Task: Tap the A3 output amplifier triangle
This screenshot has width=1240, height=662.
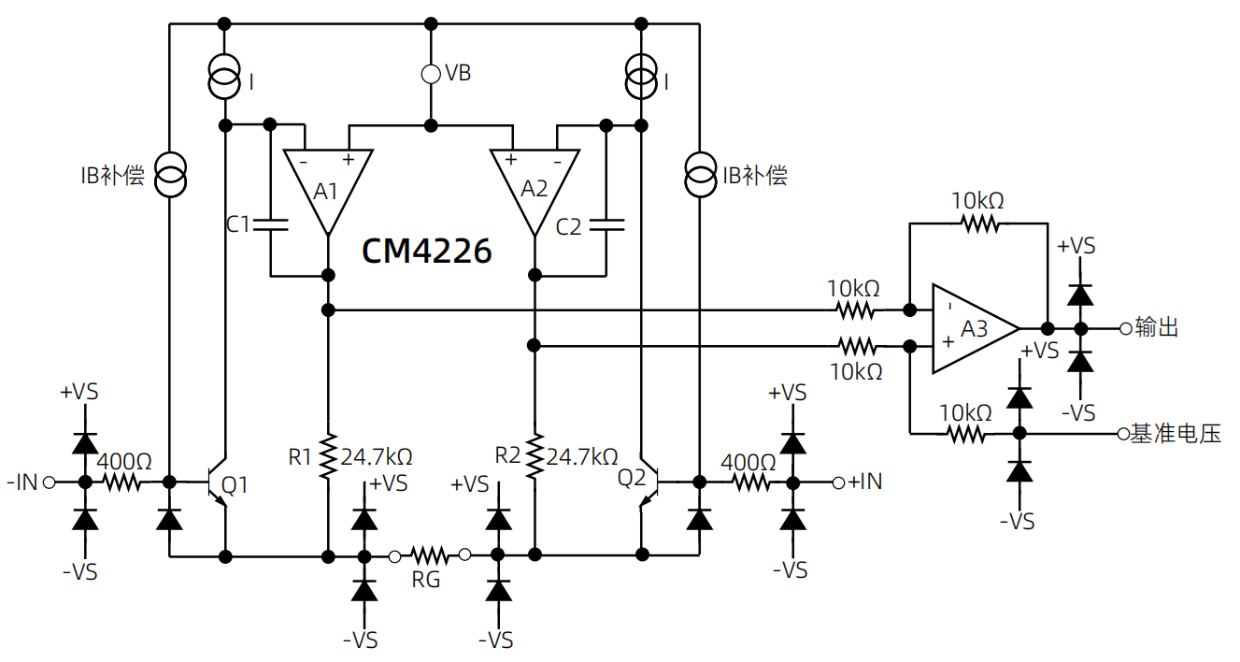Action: coord(972,328)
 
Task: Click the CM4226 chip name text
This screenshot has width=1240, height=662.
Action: coord(426,251)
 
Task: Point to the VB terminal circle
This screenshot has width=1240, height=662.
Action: coord(431,74)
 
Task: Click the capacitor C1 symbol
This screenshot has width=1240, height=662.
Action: coord(270,224)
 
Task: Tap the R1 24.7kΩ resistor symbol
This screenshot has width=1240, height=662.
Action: coord(328,456)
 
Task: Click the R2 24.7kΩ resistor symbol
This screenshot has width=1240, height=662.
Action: coord(534,456)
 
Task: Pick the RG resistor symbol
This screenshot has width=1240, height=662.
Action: coord(430,555)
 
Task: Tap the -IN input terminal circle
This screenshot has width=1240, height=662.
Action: coord(49,482)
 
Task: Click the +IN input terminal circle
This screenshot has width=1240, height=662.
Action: coord(839,482)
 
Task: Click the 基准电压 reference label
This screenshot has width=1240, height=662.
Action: coord(1176,434)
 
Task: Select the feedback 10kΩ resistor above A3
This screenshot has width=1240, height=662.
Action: coord(979,223)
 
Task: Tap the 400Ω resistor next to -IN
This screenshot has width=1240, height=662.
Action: coord(121,482)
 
